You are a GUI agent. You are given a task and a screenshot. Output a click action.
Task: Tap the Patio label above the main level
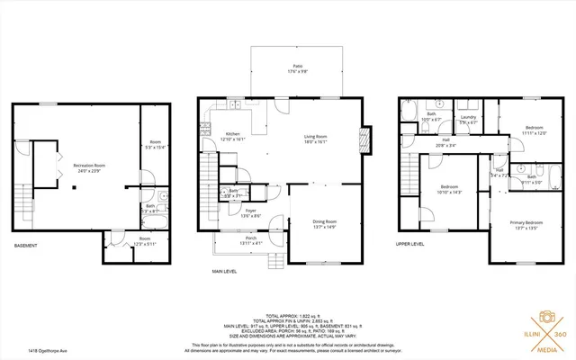click(x=297, y=67)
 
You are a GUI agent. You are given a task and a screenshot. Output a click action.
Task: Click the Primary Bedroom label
click(x=526, y=224)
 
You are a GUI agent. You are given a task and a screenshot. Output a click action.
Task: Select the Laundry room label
click(x=468, y=119)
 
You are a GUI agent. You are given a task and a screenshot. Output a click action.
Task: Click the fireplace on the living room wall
click(x=364, y=139)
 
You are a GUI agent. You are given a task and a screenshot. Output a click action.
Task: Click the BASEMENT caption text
click(x=25, y=246)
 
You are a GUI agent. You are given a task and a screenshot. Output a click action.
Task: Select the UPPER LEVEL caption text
click(x=409, y=243)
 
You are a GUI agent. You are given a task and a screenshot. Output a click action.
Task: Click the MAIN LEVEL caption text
click(x=225, y=270)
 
